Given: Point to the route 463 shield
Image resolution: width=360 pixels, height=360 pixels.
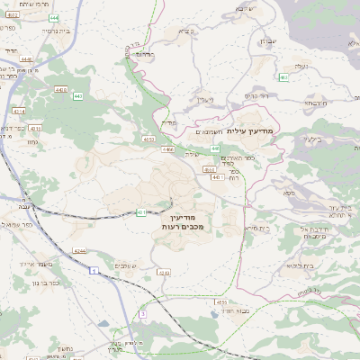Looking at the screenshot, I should [283, 77].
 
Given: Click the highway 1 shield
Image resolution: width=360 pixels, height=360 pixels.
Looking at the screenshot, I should [93, 268].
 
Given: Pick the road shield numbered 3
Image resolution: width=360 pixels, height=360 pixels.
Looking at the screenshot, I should [141, 313].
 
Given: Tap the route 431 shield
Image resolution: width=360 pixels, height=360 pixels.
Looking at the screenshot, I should [141, 212].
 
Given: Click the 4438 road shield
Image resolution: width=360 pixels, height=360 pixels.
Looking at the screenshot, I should [61, 89].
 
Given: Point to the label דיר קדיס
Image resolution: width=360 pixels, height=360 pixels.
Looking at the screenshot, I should [257, 94].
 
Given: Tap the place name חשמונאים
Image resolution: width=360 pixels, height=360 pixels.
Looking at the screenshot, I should [209, 131].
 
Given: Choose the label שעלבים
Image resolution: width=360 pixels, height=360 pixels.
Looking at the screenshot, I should [121, 265].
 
